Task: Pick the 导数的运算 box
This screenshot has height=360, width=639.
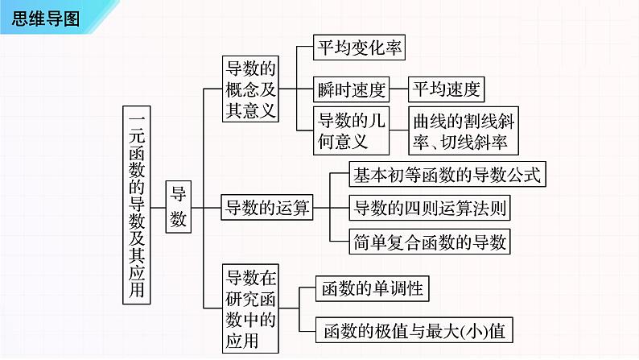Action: [x=266, y=207]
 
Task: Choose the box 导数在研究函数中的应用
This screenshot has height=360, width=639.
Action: [x=250, y=309]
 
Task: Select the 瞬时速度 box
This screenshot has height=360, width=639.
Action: [x=352, y=89]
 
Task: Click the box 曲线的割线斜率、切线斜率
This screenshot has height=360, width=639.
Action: [x=462, y=130]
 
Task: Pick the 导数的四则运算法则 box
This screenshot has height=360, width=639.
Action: [x=431, y=207]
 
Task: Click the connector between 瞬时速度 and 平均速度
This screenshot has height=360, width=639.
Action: [x=400, y=89]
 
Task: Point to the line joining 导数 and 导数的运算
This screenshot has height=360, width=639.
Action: [x=207, y=207]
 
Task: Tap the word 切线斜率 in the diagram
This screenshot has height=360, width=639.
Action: [x=478, y=142]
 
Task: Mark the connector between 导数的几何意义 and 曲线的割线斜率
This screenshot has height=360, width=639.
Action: [x=399, y=130]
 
